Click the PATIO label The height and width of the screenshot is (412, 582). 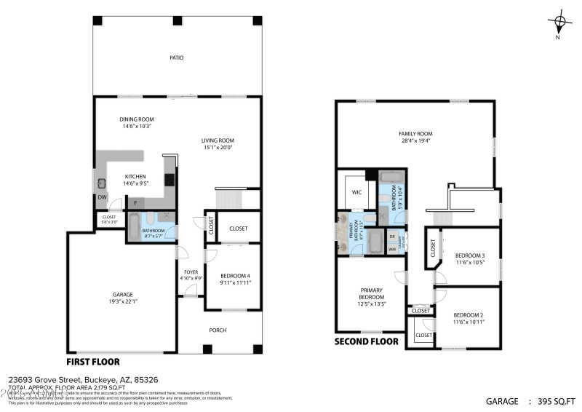tap(176, 57)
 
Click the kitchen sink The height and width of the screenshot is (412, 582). tap(103, 183)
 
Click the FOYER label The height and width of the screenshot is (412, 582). tap(190, 273)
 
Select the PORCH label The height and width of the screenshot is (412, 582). tap(218, 330)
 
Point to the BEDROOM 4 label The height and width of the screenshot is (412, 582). tap(235, 275)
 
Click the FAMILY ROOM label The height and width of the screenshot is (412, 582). tap(415, 134)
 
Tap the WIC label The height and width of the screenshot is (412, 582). tap(356, 193)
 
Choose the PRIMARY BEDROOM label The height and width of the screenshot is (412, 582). tap(371, 293)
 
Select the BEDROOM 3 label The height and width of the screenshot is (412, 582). tap(470, 255)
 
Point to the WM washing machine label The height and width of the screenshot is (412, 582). tap(392, 250)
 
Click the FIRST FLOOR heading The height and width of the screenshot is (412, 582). tap(93, 362)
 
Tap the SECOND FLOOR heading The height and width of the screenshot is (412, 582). tap(366, 341)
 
